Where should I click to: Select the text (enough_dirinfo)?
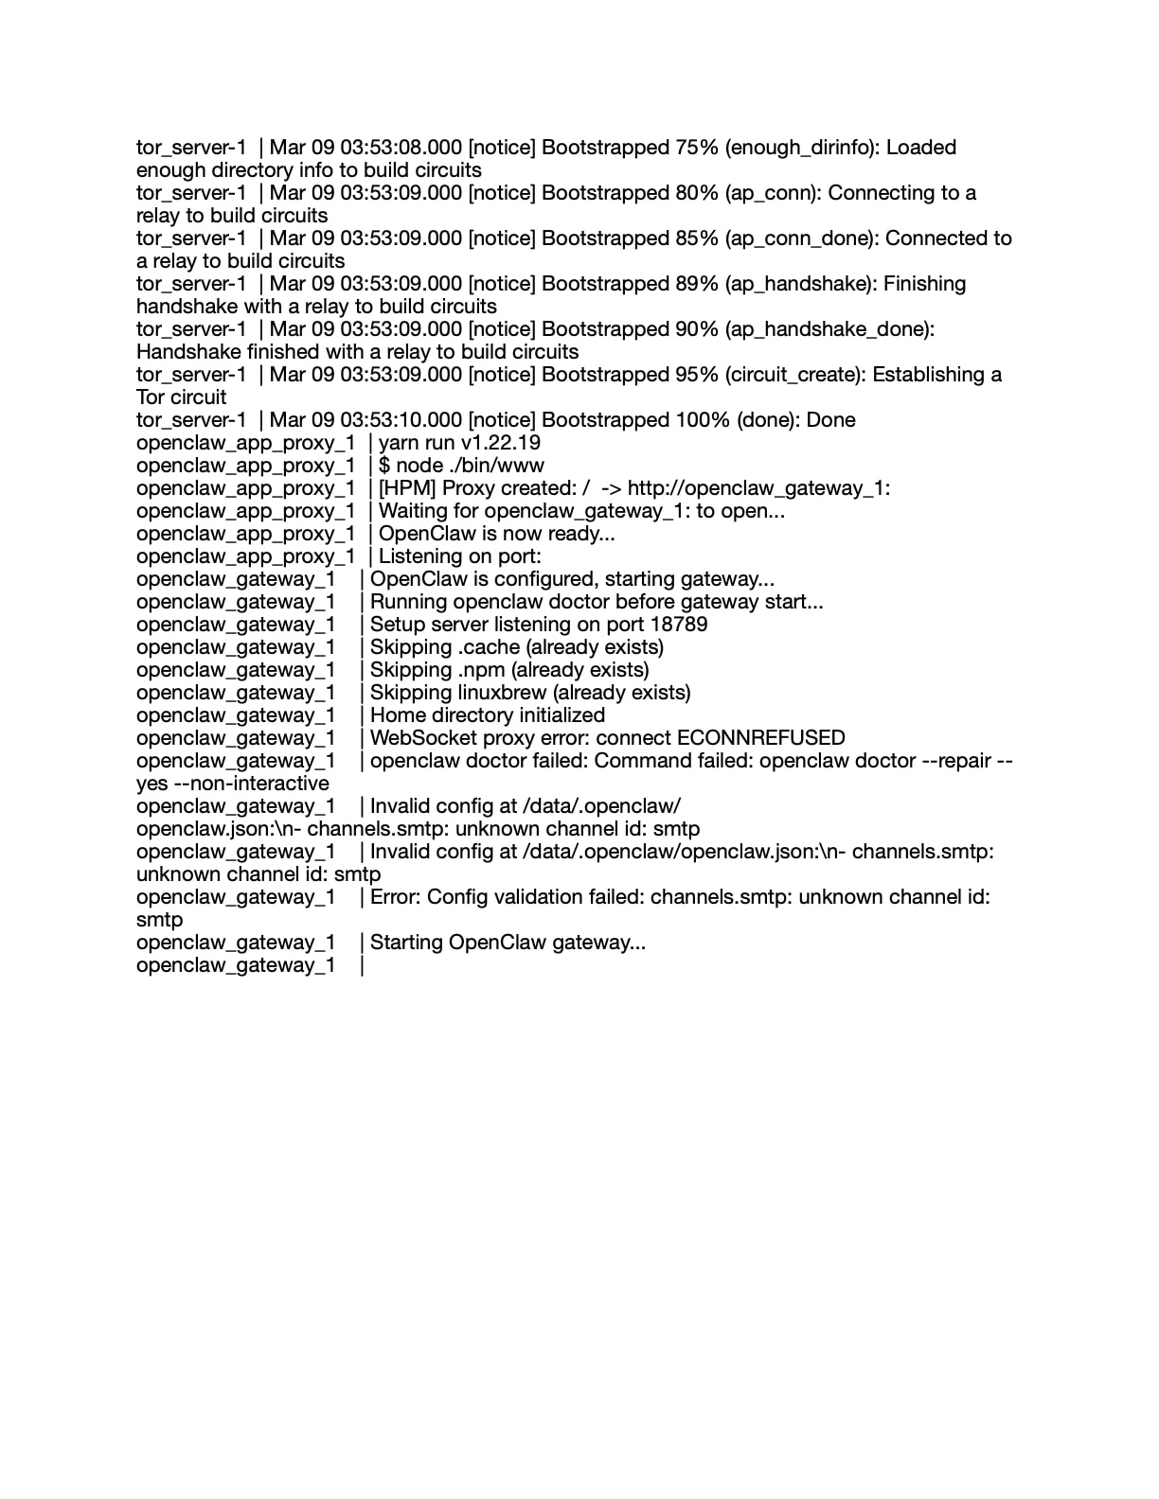pyautogui.click(x=803, y=148)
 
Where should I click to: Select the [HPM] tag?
pyautogui.click(x=407, y=488)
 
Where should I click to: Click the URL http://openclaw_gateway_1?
pyautogui.click(x=758, y=488)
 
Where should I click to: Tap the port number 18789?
pyautogui.click(x=679, y=625)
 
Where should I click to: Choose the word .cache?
pyautogui.click(x=489, y=647)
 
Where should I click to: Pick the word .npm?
pyautogui.click(x=482, y=670)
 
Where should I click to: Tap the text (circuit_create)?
pyautogui.click(x=795, y=375)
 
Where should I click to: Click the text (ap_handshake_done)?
pyautogui.click(x=829, y=329)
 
